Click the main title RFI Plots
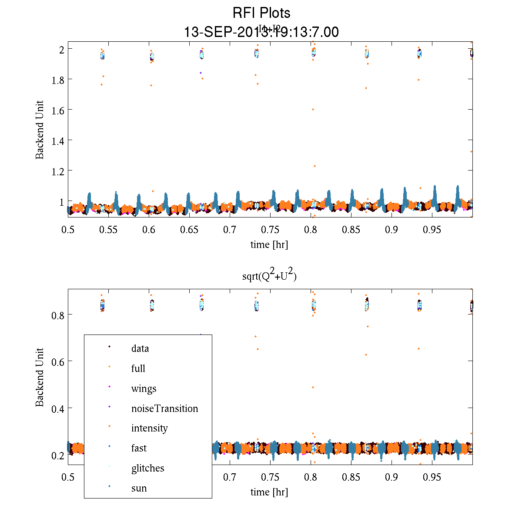261,13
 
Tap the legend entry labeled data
140,348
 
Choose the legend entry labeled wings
144,388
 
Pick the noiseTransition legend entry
164,408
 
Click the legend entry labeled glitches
147,468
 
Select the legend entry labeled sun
139,488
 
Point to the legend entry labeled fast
139,448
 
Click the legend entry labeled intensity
149,428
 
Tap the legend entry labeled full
138,368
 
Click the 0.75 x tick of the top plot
270,230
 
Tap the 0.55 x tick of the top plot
108,230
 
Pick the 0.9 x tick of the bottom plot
391,478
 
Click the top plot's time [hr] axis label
269,244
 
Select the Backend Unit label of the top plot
40,130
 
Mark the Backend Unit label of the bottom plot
40,377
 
